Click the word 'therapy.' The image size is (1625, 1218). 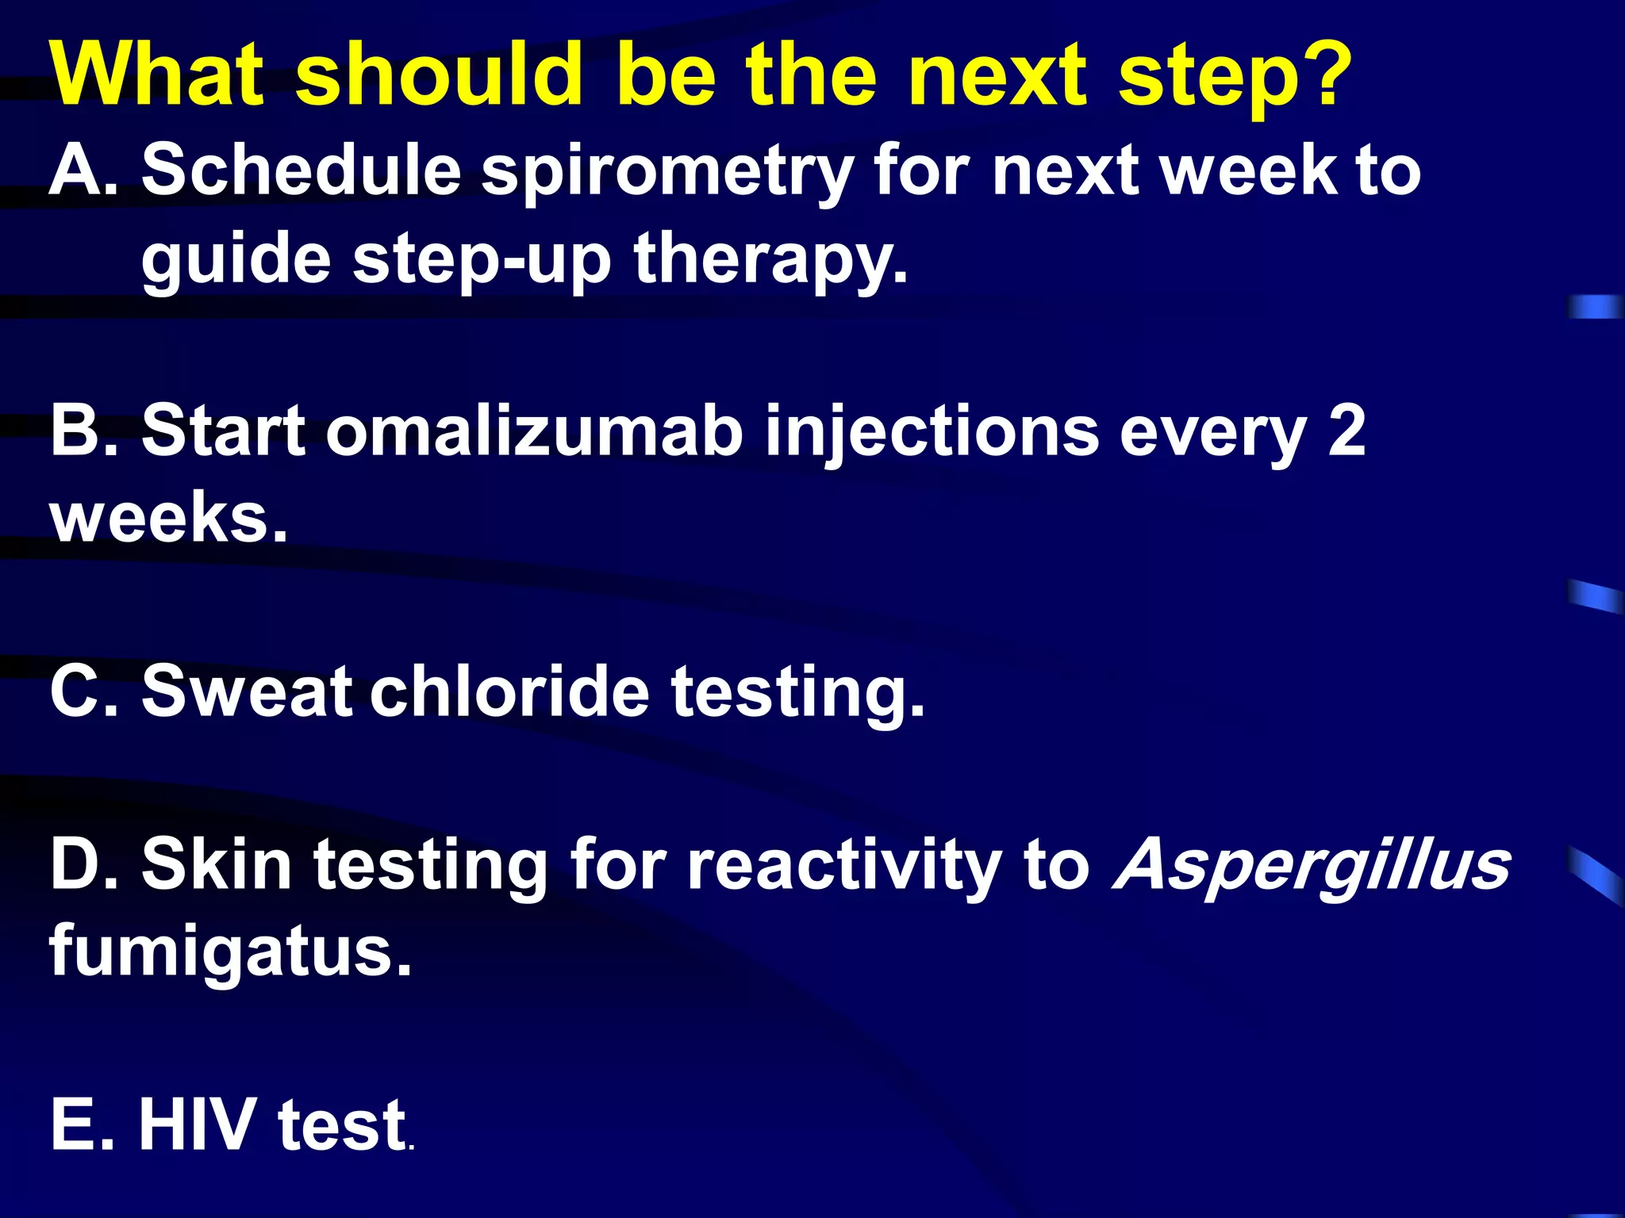point(770,262)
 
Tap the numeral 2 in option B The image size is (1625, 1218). point(1346,431)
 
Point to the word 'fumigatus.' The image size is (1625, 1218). point(230,952)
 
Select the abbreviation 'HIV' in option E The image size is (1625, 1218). point(194,1124)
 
